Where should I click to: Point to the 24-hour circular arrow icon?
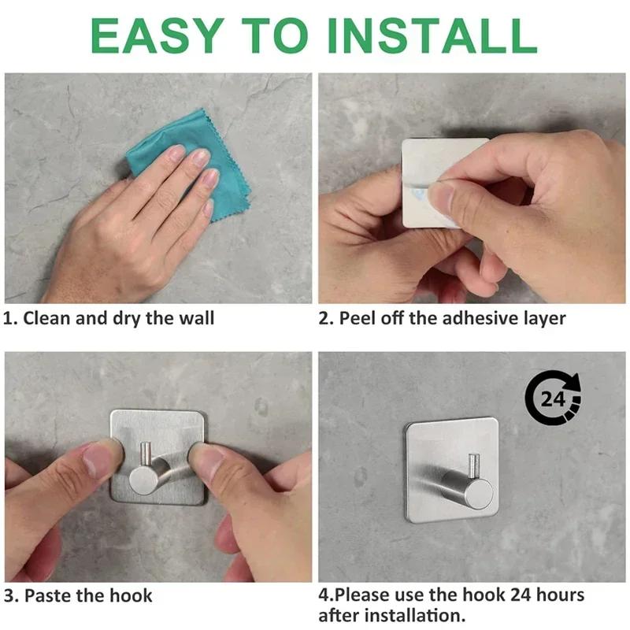554,398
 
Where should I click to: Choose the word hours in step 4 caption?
558,595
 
